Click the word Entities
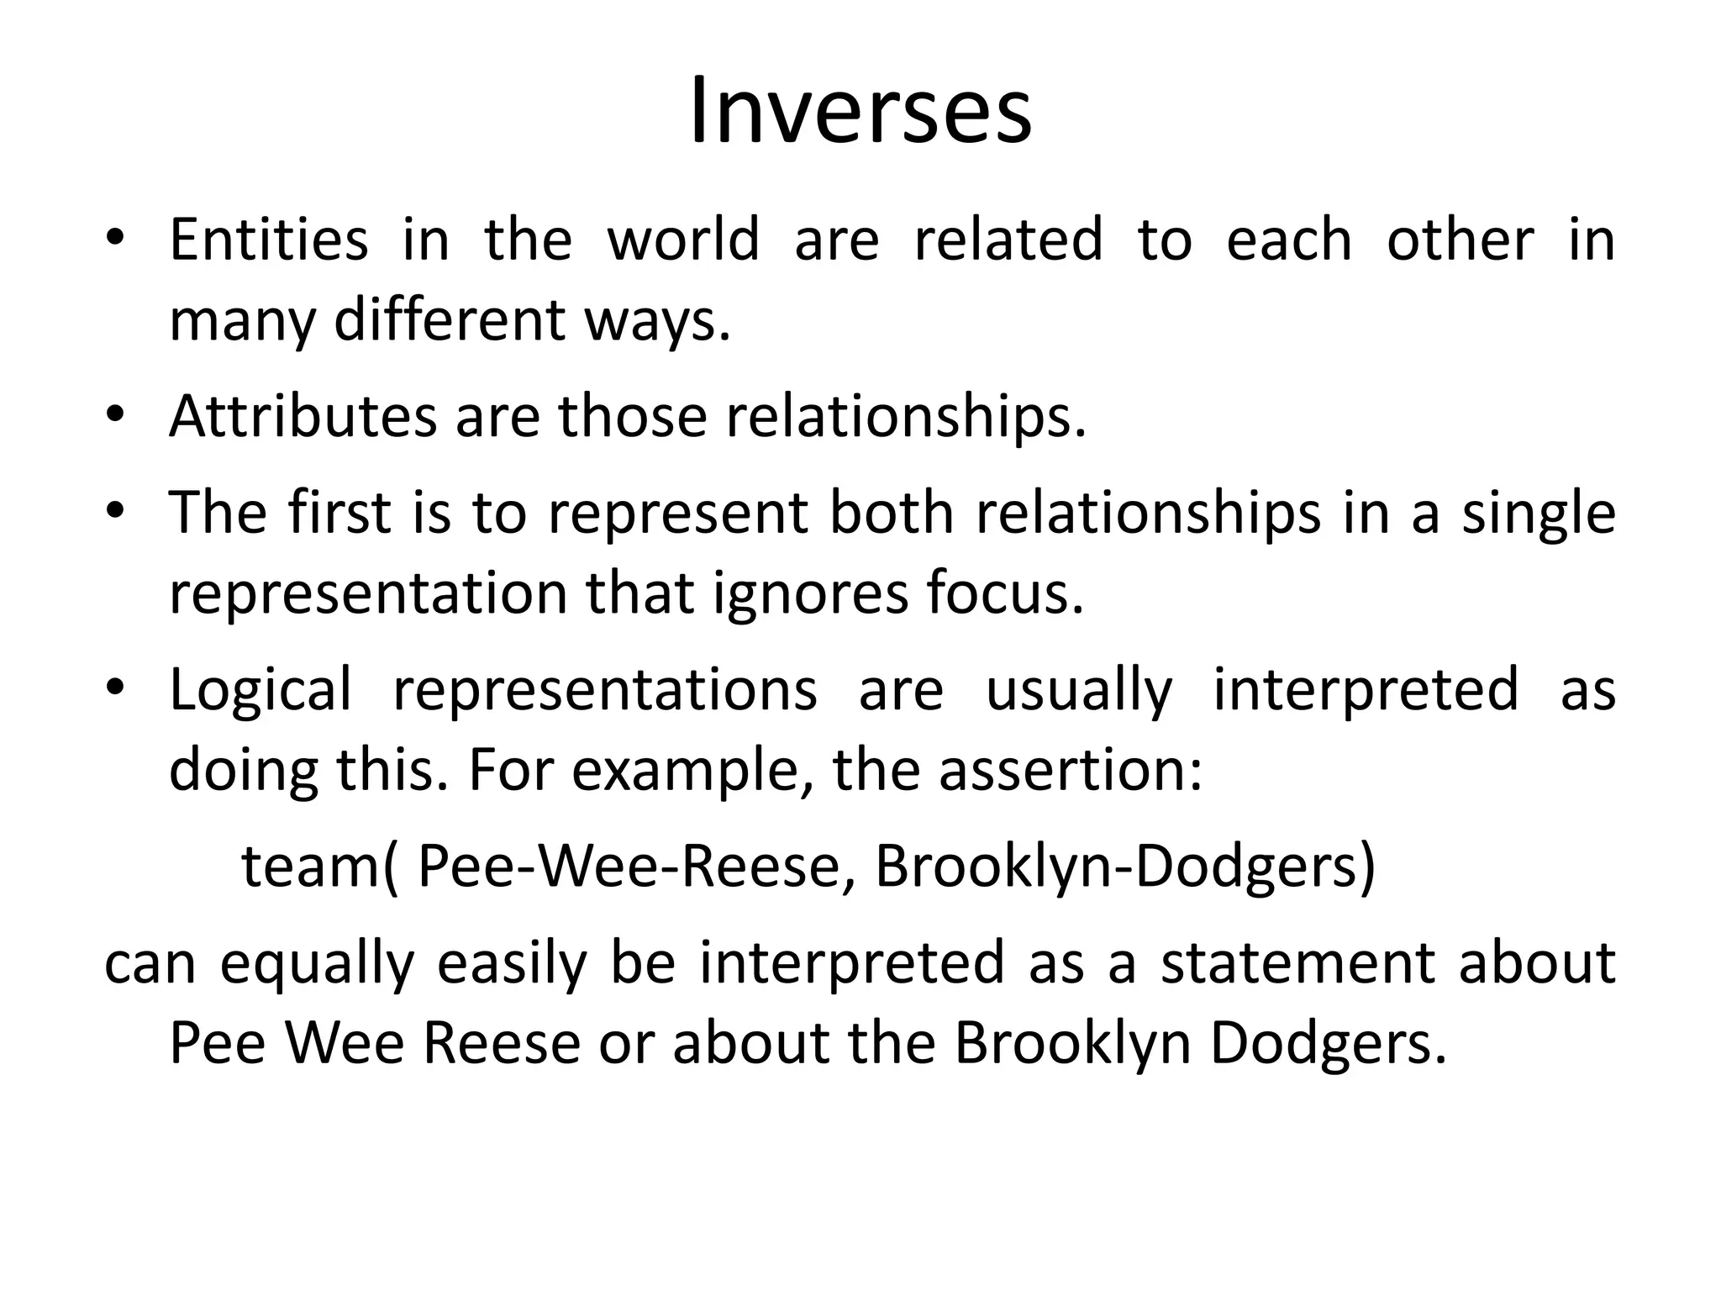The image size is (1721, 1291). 268,240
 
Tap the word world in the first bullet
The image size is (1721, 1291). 683,240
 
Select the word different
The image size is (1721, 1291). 450,320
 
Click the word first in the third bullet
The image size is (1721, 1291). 339,512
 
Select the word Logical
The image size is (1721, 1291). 261,690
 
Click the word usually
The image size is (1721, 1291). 1078,690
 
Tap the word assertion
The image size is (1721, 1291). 1070,771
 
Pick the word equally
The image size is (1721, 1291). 317,963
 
